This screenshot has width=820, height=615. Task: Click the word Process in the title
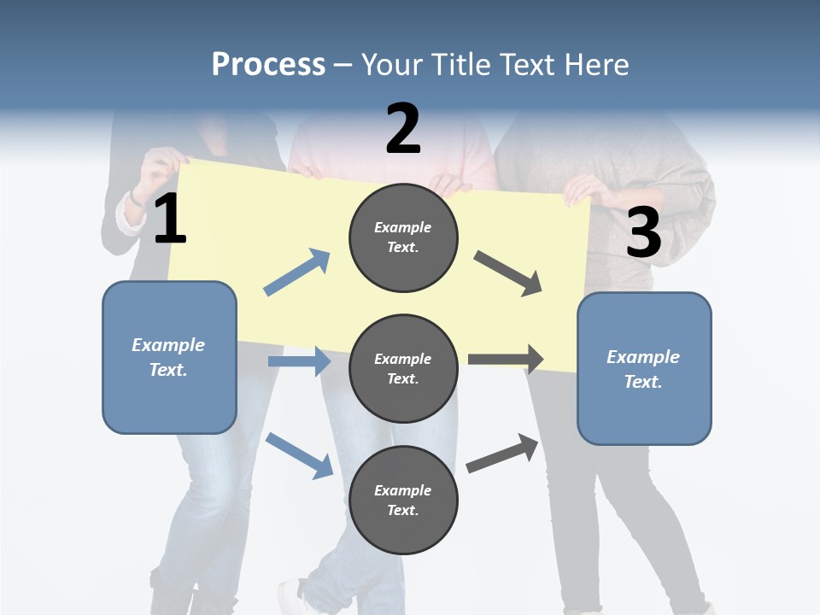point(268,65)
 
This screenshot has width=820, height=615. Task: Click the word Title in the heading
point(461,65)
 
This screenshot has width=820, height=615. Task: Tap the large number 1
point(170,220)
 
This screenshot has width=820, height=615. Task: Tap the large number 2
point(403,129)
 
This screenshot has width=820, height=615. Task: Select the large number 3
point(643,232)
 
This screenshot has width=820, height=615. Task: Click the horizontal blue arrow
point(299,361)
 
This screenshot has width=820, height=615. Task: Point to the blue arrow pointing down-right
point(299,455)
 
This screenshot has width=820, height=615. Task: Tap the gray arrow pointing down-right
point(508,273)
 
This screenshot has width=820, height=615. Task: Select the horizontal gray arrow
point(506,360)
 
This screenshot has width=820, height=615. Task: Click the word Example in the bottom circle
point(403,490)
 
